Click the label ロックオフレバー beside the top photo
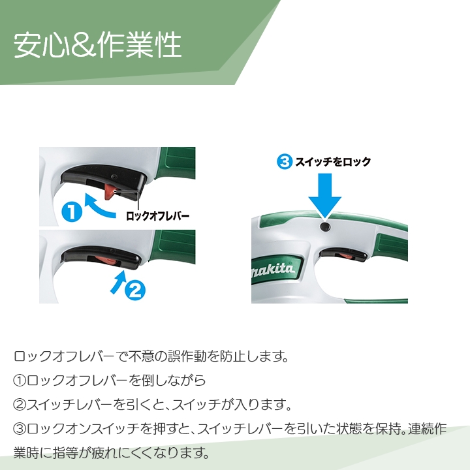click(157, 213)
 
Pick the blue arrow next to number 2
click(118, 282)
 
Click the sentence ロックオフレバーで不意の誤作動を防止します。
click(151, 357)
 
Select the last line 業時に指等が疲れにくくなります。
click(110, 452)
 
